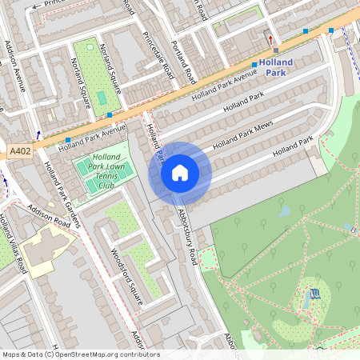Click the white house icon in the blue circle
[180, 172]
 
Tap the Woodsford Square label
[127, 272]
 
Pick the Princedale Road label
[157, 54]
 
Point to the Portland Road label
[183, 62]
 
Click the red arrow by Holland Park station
[270, 39]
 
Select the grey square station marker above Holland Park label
[275, 50]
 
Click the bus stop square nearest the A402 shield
[67, 140]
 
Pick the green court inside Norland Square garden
[102, 98]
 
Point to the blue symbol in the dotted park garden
[314, 293]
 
